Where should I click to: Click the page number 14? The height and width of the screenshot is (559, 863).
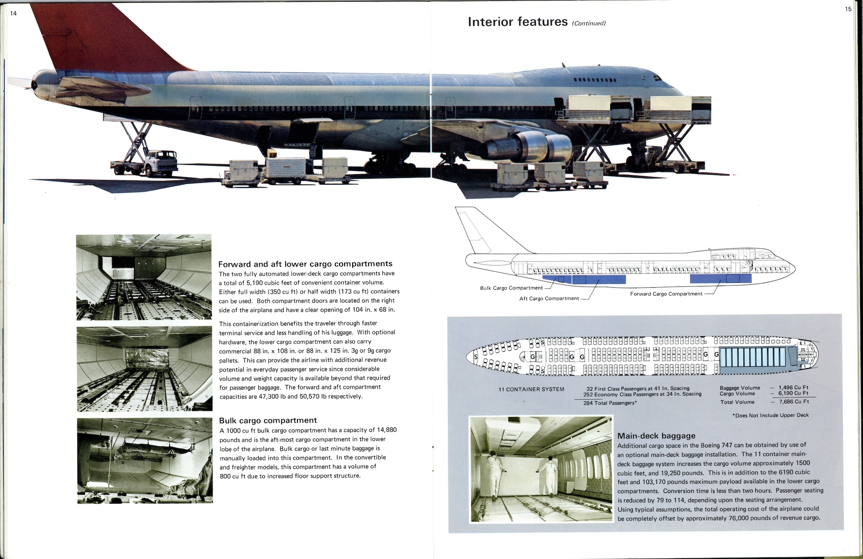pos(13,13)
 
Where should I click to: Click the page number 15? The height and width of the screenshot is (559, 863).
pos(848,9)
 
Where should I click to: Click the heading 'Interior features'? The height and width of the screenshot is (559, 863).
pos(518,22)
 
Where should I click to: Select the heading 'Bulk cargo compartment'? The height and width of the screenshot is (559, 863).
pos(268,420)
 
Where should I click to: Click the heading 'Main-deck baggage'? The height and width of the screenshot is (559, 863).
pos(656,436)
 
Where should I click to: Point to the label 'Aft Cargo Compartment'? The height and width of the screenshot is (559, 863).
pos(549,298)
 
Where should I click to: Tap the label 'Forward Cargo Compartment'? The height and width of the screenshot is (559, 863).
pos(666,294)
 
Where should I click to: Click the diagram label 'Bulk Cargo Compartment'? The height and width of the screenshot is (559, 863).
pos(511,288)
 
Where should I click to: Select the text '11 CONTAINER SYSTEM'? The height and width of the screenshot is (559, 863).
pos(531,389)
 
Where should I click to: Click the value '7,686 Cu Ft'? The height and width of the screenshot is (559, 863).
pos(793,402)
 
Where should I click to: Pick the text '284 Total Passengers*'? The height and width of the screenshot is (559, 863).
pos(610,403)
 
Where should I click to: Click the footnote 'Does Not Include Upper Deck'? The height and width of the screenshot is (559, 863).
pos(772,415)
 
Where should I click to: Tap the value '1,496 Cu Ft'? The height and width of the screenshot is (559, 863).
pos(793,387)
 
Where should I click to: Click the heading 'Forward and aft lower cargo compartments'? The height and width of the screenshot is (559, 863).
pos(305,264)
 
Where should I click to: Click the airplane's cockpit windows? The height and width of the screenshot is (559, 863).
pos(656,78)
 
